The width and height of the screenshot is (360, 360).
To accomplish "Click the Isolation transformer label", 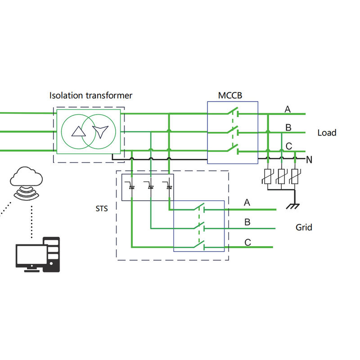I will click(x=91, y=95).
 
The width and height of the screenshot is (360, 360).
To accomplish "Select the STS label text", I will click(x=102, y=209).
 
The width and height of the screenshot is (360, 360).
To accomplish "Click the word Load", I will click(x=327, y=133).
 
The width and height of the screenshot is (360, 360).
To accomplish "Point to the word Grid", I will click(x=304, y=227).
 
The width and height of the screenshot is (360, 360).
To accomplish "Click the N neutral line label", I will click(x=309, y=159).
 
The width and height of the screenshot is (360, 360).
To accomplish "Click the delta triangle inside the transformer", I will click(x=78, y=131).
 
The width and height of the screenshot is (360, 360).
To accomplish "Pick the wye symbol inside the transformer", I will click(x=99, y=131).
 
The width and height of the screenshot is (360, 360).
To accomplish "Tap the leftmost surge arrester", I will click(x=268, y=176).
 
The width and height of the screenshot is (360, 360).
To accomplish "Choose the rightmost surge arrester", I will click(x=295, y=176).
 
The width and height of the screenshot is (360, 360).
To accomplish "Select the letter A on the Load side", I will click(x=288, y=109).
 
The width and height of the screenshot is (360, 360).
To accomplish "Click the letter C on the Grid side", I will click(x=247, y=243).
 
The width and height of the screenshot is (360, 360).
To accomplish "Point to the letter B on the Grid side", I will click(x=247, y=222).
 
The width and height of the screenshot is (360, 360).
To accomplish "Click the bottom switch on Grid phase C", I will click(x=198, y=245).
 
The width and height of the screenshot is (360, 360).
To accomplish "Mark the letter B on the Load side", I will click(x=288, y=128).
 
